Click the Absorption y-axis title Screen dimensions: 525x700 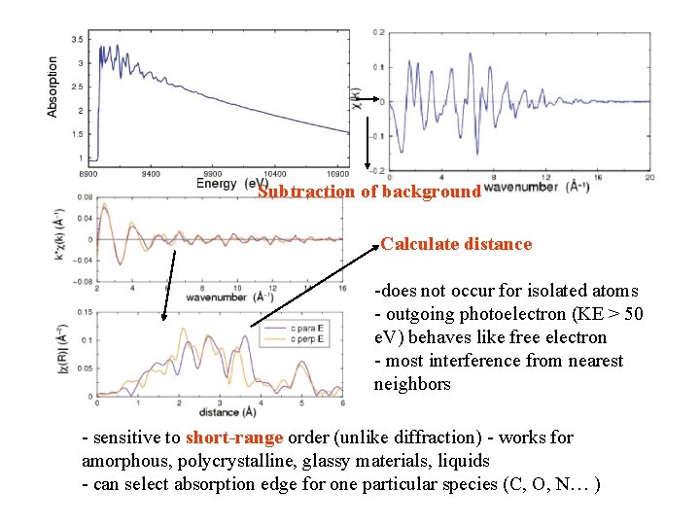click(52, 87)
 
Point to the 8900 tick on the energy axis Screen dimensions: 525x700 click(87, 172)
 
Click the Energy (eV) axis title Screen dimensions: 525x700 click(232, 183)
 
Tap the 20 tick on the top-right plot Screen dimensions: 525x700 click(649, 176)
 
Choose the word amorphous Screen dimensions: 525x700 click(123, 460)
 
